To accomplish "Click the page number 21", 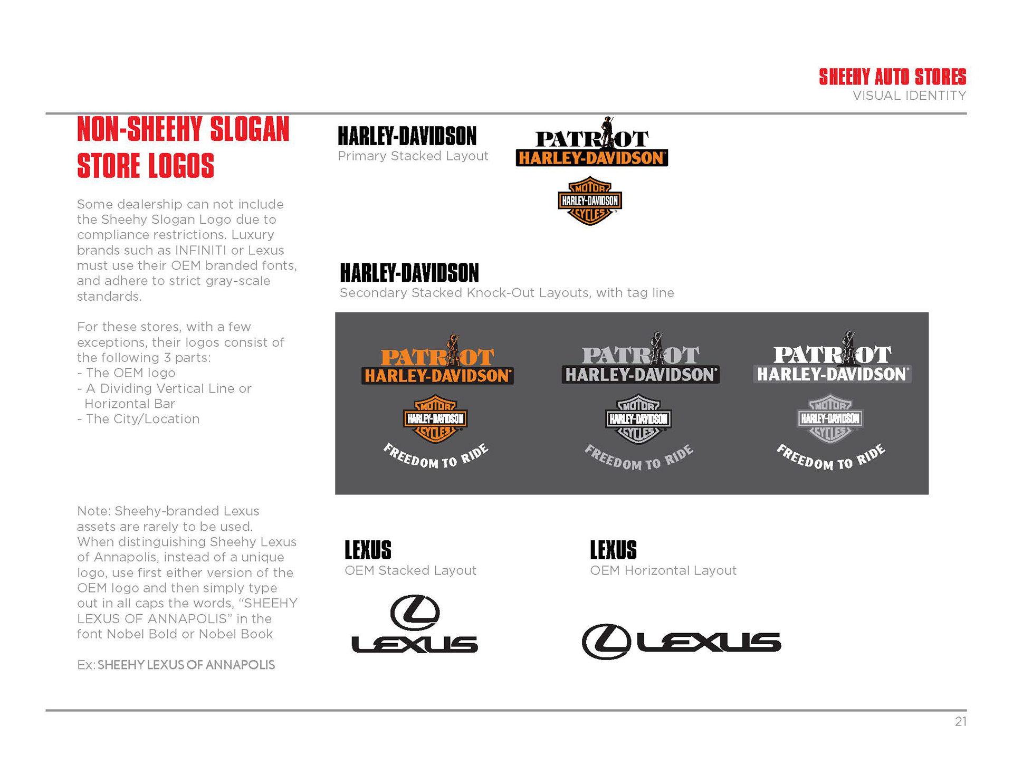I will point(960,722).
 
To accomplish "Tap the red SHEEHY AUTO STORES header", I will point(892,77).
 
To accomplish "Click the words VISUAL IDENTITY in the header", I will point(909,96).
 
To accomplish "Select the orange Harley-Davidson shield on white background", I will point(590,201).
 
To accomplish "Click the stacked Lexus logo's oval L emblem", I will point(415,613).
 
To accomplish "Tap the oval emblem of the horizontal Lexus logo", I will point(606,642).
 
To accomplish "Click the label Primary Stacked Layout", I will point(413,156).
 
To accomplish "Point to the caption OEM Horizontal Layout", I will point(663,570).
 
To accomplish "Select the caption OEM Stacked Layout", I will point(410,570).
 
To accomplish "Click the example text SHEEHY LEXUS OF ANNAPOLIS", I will point(186,665).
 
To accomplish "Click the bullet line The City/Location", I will point(142,419).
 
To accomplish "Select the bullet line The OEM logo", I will point(130,373).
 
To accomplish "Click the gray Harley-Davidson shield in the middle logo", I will point(638,419).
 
